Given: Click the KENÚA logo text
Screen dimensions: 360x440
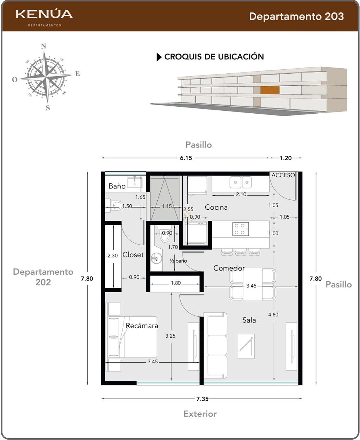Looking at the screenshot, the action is coord(44,14).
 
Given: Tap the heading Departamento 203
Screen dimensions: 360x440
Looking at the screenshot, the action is coord(296,16).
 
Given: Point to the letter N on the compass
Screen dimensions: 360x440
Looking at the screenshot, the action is coord(43,46).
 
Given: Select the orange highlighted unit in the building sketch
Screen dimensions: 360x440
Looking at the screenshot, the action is coord(270,90).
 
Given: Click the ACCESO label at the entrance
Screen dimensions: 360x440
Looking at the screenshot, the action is coord(283,175).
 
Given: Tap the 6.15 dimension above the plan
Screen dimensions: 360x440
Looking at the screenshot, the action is coord(186,158).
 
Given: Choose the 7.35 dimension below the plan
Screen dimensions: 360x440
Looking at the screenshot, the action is coord(202,399).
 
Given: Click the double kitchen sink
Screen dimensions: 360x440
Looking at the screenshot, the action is coord(241,182).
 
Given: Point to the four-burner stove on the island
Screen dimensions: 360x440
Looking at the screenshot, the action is coord(241,229).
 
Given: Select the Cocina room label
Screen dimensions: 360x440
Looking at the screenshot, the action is coord(216,207).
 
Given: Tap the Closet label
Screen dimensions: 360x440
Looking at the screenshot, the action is coord(133,254).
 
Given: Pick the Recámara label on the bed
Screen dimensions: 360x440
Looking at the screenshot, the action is coord(142,326).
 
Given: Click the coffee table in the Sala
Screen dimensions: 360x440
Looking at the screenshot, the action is coord(246,346).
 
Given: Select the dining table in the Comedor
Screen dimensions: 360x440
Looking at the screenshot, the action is coord(253,284).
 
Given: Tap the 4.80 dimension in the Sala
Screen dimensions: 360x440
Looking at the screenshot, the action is coord(273,314).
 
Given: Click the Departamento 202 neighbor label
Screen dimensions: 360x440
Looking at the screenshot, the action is coord(43,277).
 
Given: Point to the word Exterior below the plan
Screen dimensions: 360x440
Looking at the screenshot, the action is coord(200,414).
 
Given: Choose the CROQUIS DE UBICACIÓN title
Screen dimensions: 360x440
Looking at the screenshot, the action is coord(214,56).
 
